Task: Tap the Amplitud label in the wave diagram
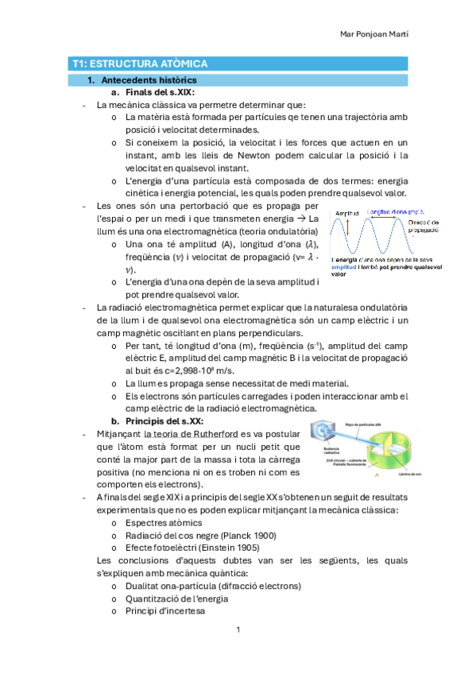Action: pyautogui.click(x=346, y=214)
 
